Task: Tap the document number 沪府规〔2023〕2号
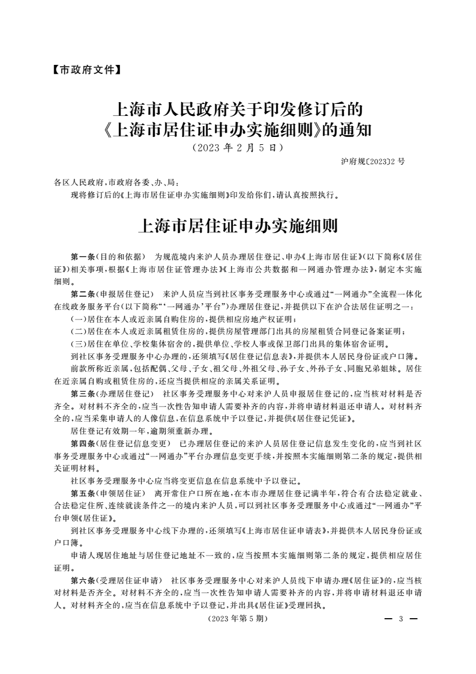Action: pos(372,162)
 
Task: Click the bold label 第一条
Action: pos(83,257)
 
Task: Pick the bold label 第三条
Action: pos(83,393)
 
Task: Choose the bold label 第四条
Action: pos(83,443)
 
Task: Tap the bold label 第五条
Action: pos(83,493)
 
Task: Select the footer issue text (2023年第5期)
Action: pos(238,619)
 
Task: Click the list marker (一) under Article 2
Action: pos(78,318)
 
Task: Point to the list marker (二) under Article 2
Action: pos(78,331)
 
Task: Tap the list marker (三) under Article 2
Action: pos(78,344)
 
